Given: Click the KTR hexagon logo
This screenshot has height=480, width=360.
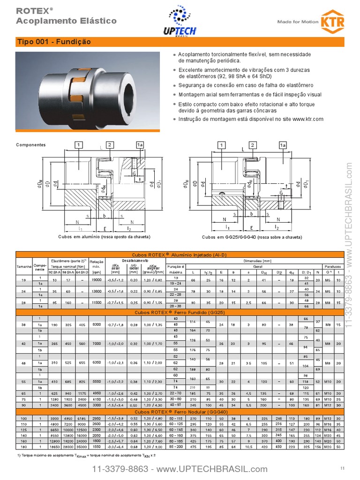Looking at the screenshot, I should point(332,21).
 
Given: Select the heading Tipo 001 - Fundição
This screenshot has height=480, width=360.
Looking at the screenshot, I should point(53,42).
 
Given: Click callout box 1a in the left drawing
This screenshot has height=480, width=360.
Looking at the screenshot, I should point(140,145).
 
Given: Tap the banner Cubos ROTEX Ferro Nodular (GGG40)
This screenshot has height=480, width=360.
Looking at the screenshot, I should point(180,412).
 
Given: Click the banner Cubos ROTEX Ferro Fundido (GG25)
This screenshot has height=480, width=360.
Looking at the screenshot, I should point(180,311).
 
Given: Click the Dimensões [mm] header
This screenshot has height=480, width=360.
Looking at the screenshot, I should point(257,260).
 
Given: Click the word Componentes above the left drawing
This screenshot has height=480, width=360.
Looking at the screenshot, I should point(31,145).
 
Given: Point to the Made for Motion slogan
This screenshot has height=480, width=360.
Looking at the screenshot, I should point(297,22).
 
